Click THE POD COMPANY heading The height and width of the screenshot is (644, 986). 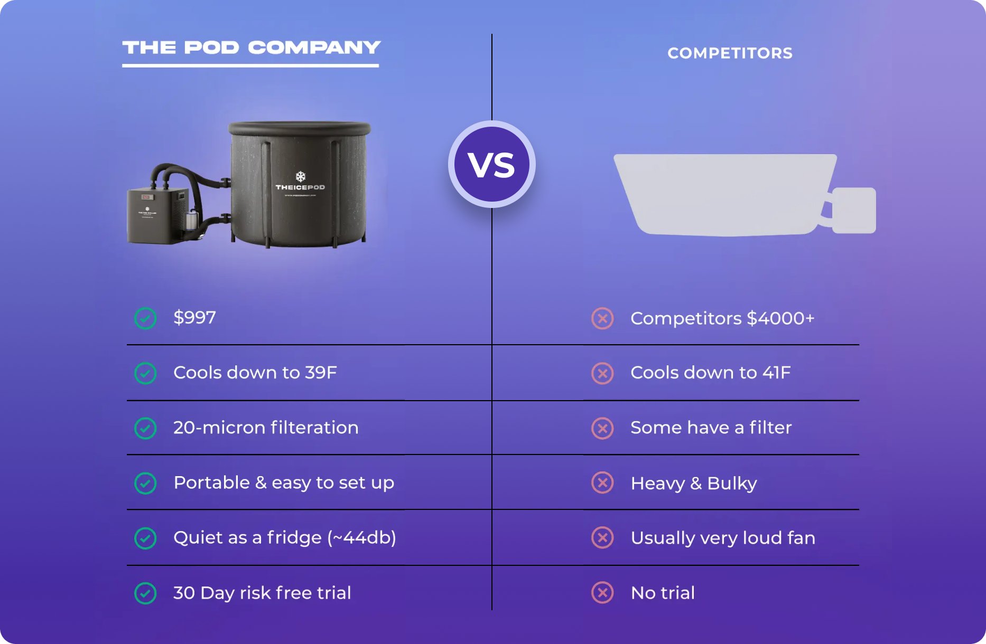pyautogui.click(x=251, y=48)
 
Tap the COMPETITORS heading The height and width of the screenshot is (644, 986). pyautogui.click(x=730, y=53)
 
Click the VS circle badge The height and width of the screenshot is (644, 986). pyautogui.click(x=491, y=164)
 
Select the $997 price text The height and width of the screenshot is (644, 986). pyautogui.click(x=194, y=318)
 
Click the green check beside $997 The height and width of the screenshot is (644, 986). pyautogui.click(x=145, y=318)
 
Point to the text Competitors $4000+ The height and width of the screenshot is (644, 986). pyautogui.click(x=722, y=318)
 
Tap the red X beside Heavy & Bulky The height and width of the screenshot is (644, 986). pyautogui.click(x=602, y=483)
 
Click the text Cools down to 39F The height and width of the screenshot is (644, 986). pyautogui.click(x=255, y=373)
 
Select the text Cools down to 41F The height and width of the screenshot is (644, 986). pyautogui.click(x=710, y=373)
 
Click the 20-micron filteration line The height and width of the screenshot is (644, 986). pyautogui.click(x=266, y=428)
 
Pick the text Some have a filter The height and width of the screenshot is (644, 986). pyautogui.click(x=711, y=428)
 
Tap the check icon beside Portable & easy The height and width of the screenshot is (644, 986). pyautogui.click(x=145, y=483)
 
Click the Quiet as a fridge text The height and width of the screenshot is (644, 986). pyautogui.click(x=284, y=538)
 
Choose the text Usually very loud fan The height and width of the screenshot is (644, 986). pyautogui.click(x=723, y=538)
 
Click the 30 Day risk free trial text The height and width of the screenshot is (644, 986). pyautogui.click(x=262, y=593)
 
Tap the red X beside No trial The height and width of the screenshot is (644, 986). pyautogui.click(x=602, y=593)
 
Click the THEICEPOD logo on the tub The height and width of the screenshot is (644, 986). pyautogui.click(x=300, y=182)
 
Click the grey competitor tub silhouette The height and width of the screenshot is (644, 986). pyautogui.click(x=724, y=193)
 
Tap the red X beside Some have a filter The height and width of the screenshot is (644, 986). pyautogui.click(x=602, y=428)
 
